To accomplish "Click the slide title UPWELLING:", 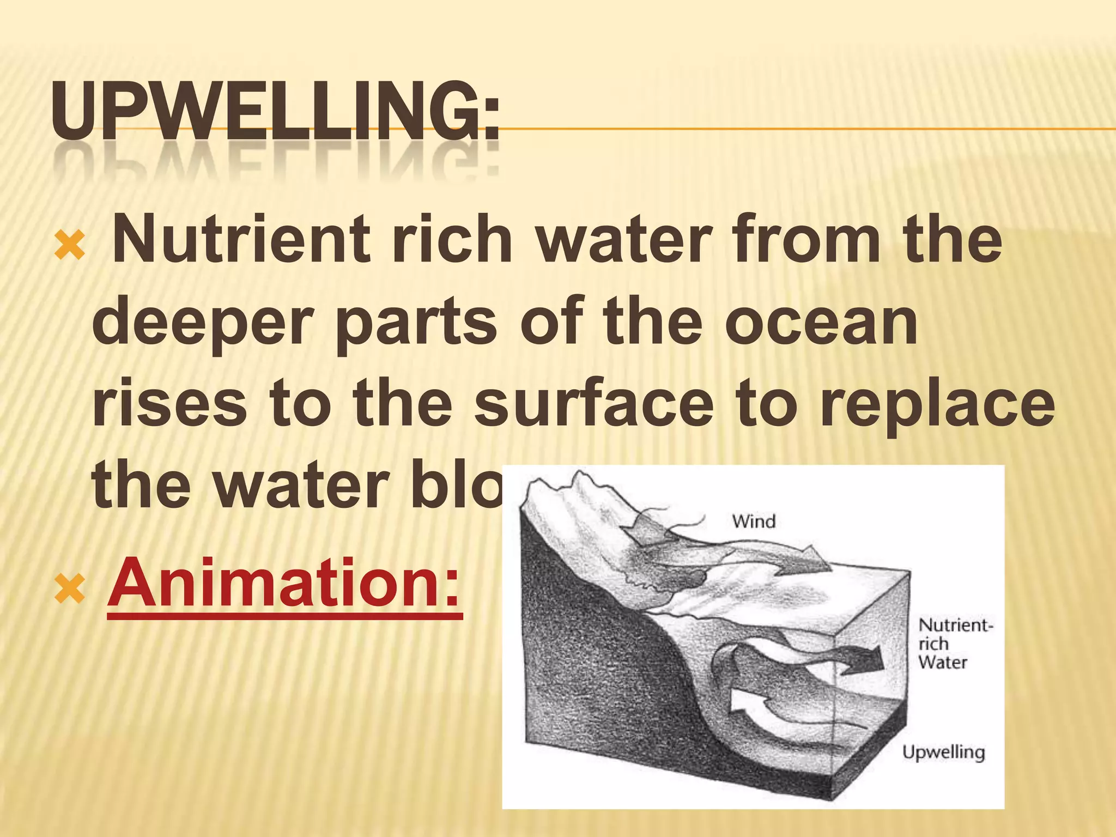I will click(275, 112).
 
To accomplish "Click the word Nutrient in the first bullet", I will click(240, 239).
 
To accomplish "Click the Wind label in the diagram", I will click(754, 521).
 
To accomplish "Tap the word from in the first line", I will click(807, 239).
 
